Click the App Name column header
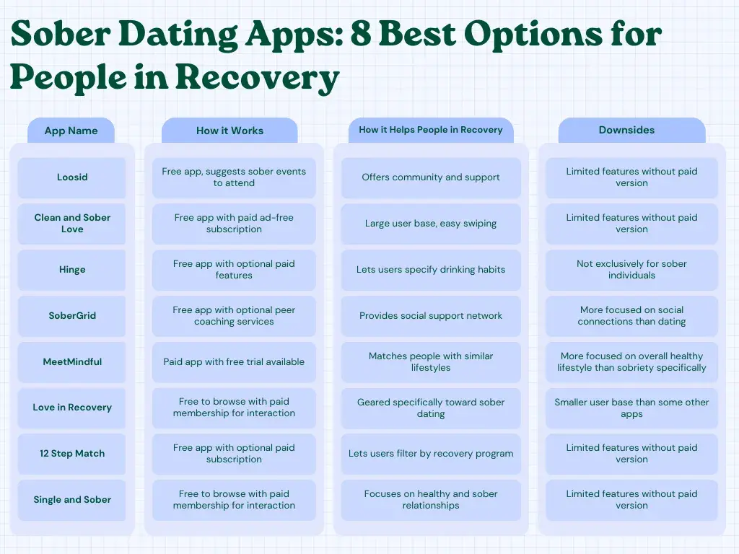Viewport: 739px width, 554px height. tap(71, 131)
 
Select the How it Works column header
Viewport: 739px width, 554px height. tap(229, 131)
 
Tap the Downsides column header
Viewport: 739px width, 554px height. tap(631, 130)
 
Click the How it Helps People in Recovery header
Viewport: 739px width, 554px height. tap(431, 130)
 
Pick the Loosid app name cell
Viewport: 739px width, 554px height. tap(72, 177)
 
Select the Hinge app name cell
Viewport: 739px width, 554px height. tap(72, 270)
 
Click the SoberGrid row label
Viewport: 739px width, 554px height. tap(72, 316)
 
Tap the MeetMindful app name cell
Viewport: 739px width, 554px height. tap(72, 362)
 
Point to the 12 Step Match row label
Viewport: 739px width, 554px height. tap(72, 454)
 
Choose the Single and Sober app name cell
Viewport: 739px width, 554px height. tap(72, 500)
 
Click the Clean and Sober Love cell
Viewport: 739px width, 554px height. tap(72, 224)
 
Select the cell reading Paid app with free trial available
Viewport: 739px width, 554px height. tap(234, 362)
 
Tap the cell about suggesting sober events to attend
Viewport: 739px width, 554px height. tap(234, 177)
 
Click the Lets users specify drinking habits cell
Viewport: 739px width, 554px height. tap(431, 270)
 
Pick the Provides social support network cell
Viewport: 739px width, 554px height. tap(431, 316)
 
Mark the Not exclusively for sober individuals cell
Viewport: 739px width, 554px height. tap(631, 270)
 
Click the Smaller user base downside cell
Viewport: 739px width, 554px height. tap(631, 408)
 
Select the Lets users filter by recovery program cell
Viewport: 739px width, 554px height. tap(431, 454)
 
